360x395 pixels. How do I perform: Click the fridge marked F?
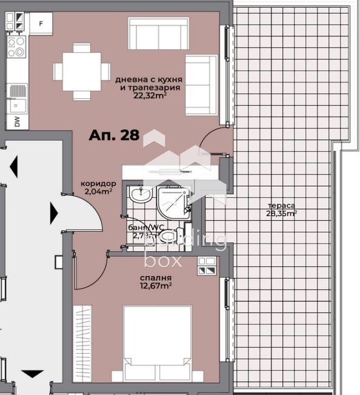pyautogui.click(x=41, y=24)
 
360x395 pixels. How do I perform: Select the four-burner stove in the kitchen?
pyautogui.click(x=17, y=46)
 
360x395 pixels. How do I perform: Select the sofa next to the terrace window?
pyautogui.click(x=201, y=85)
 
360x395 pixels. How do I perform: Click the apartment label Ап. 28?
pyautogui.click(x=114, y=135)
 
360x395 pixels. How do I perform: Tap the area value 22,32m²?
pyautogui.click(x=150, y=95)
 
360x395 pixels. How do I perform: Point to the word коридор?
pyautogui.click(x=98, y=183)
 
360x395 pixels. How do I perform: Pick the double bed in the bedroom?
pyautogui.click(x=158, y=343)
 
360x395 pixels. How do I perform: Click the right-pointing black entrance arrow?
pyautogui.click(x=54, y=212)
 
